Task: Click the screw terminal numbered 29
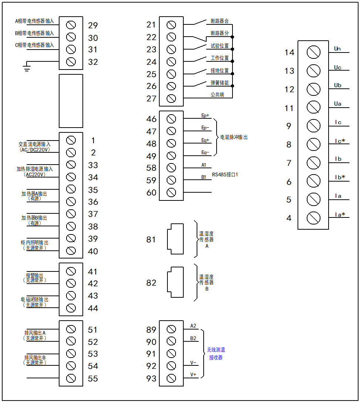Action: coord(71,25)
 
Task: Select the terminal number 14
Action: coord(289,53)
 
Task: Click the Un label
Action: coord(337,49)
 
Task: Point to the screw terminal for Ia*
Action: coord(313,218)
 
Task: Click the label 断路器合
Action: coord(220,21)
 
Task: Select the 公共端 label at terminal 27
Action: coord(217,94)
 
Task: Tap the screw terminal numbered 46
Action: coord(171,119)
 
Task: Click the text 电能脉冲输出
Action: coord(234,137)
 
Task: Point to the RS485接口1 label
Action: coord(225,174)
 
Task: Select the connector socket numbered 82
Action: coord(175,283)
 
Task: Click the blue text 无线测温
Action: coord(216,350)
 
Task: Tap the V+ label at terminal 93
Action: coord(193,375)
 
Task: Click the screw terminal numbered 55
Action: coord(71,378)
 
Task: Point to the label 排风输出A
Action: coord(35,333)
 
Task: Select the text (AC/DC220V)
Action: coord(34,150)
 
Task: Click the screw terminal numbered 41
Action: coord(71,271)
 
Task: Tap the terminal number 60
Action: coord(152,193)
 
